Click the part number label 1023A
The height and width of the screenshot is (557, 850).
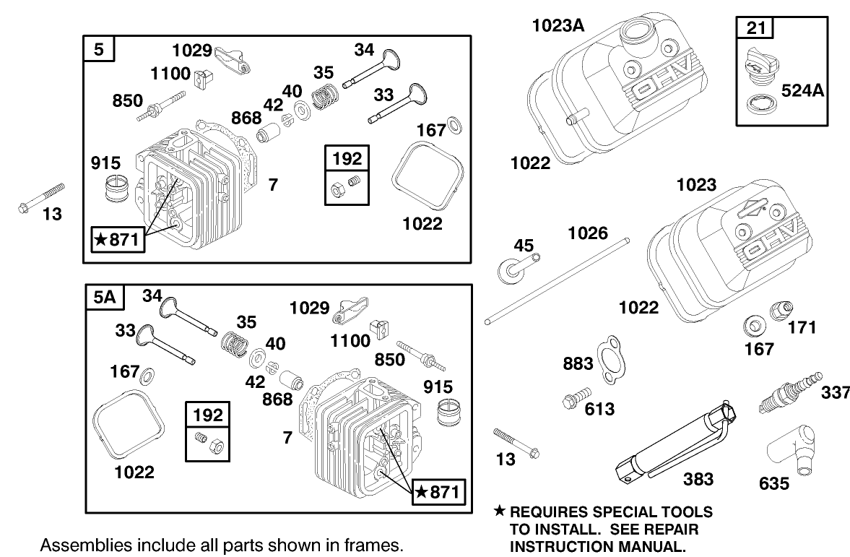tap(558, 27)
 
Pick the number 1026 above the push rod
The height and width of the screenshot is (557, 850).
tap(587, 233)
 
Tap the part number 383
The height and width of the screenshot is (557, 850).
tap(698, 478)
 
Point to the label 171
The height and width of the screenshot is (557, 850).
tap(801, 327)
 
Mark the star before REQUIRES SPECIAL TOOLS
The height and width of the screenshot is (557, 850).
tap(498, 512)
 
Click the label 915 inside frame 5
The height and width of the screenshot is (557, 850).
tap(106, 163)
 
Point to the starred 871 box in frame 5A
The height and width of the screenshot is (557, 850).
tap(438, 493)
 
